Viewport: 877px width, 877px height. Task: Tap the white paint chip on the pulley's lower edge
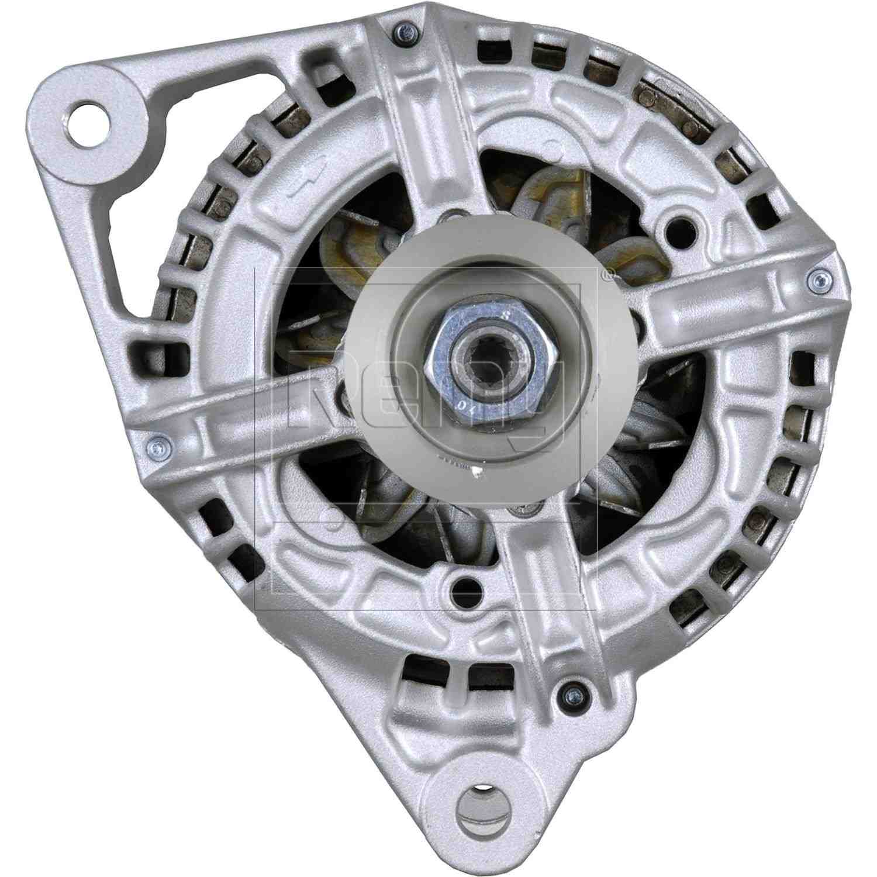click(478, 471)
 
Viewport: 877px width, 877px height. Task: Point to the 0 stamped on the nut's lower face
click(463, 403)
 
